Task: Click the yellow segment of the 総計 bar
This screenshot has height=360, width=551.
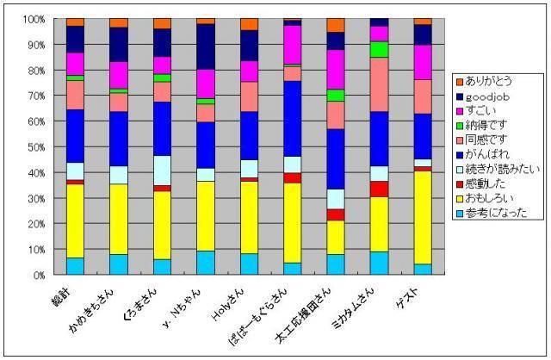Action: [x=75, y=220]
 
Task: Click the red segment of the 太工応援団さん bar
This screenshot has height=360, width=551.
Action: [x=336, y=214]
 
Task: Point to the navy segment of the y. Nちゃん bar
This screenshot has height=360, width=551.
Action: [x=205, y=47]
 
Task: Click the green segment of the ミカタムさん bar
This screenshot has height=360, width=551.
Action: [x=379, y=49]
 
